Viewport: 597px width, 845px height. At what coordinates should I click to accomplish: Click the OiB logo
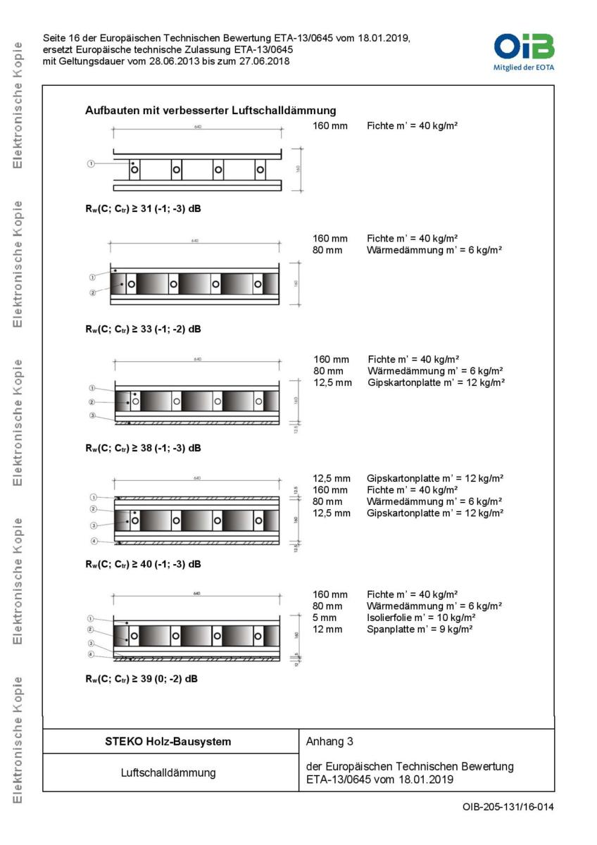click(524, 51)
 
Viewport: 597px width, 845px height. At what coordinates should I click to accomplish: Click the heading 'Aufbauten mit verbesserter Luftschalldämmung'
click(210, 111)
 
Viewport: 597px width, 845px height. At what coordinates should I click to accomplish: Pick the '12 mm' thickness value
click(327, 629)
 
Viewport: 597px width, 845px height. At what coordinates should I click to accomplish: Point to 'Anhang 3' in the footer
click(329, 741)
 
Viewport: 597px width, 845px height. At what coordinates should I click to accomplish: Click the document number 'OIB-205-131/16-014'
click(503, 806)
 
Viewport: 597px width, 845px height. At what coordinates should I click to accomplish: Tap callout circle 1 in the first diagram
click(91, 163)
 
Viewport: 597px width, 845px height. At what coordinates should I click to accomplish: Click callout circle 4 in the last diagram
click(91, 656)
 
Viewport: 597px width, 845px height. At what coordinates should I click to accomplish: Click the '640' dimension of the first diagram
click(196, 127)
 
